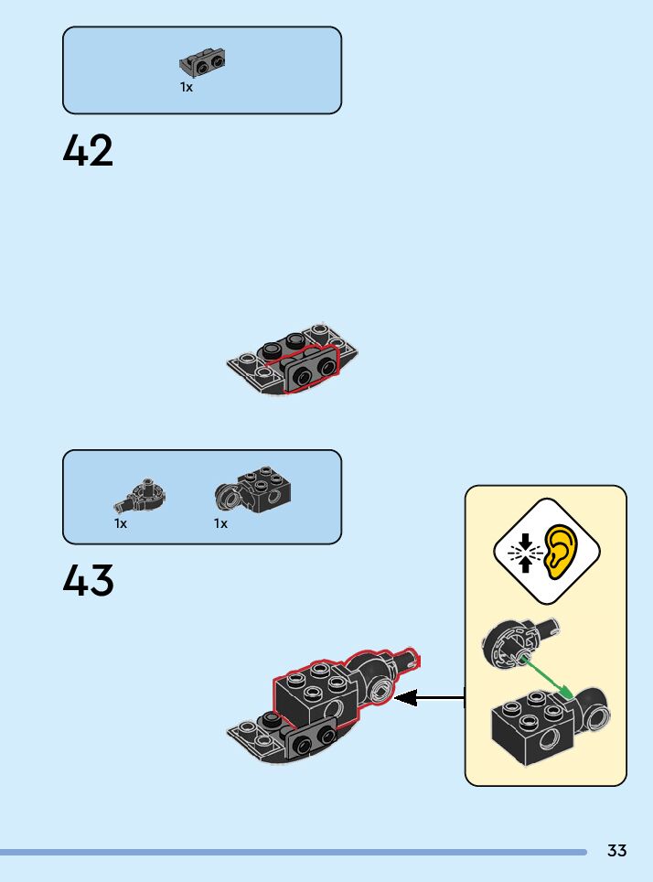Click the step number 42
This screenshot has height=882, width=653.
coord(89,151)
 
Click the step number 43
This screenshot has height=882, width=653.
coord(89,581)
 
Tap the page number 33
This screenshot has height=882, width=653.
coord(617,851)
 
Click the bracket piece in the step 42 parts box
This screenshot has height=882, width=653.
coord(203,63)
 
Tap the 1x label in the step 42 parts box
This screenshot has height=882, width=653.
coord(187,88)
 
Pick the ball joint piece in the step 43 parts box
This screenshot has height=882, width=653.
coord(142,497)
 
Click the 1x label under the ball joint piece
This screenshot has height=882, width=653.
coord(121,524)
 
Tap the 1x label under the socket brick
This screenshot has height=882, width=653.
coord(220,524)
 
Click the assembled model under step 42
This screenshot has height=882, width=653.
coord(291,361)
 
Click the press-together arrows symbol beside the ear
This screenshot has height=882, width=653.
coord(524,552)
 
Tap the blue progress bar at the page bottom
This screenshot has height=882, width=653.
coord(293,852)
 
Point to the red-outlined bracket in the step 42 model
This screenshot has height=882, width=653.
coord(311,370)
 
